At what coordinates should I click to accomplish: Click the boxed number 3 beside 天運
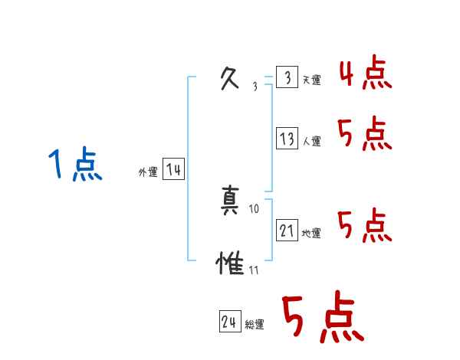[287, 78]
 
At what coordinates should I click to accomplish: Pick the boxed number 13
[287, 139]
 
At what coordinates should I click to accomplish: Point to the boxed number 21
[287, 231]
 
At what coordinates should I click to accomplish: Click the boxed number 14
[173, 170]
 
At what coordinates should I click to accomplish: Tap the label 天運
[312, 80]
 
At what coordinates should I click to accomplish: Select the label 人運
[312, 141]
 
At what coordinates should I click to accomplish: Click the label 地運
[312, 233]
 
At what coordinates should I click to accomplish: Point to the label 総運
[255, 325]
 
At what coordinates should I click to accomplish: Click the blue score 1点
[74, 165]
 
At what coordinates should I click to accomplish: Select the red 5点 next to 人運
[365, 135]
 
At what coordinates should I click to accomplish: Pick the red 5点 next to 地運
[365, 226]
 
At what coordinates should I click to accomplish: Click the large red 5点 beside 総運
[321, 318]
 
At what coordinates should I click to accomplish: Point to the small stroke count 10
[255, 208]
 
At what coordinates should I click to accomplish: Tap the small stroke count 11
[254, 270]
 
